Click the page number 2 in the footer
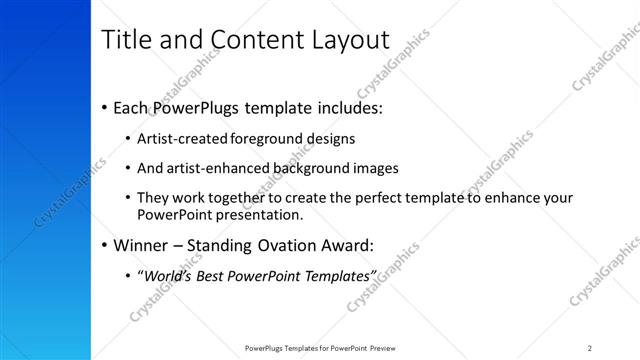[590, 347]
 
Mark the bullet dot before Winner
[106, 245]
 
